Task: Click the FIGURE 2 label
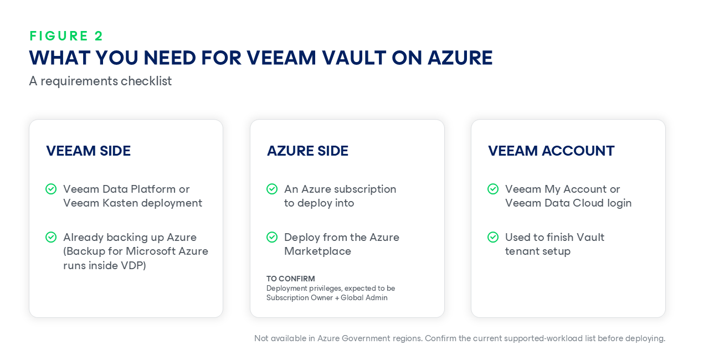point(66,36)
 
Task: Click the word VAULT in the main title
point(354,58)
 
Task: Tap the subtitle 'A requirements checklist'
point(100,81)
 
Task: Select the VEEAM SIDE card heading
point(88,151)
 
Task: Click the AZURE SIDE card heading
point(307,151)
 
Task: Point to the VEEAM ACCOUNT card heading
point(551,151)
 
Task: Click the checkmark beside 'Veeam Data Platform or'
point(51,189)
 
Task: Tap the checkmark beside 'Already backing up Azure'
point(51,237)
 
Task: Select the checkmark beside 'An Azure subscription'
point(272,189)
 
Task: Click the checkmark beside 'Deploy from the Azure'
point(272,237)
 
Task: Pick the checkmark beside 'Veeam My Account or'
point(493,189)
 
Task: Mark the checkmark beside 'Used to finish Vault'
point(493,237)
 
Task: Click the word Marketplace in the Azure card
point(317,251)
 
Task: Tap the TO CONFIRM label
point(291,279)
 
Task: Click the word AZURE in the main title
point(460,58)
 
